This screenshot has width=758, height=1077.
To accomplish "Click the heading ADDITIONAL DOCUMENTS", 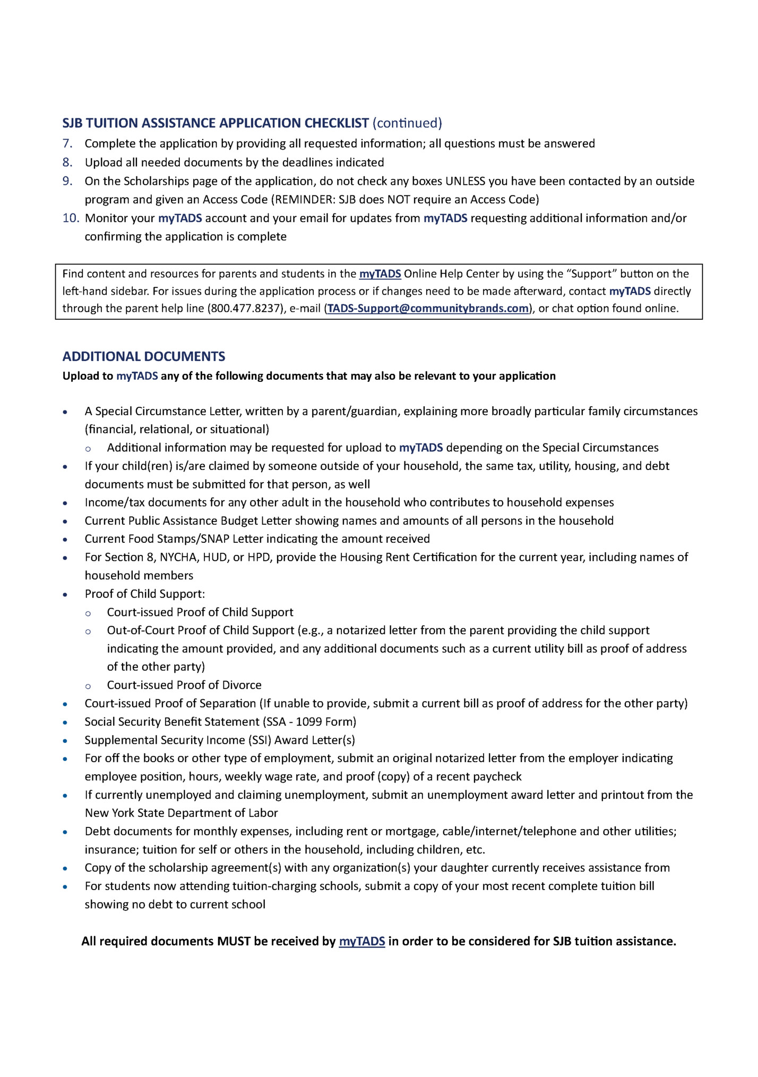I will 143,356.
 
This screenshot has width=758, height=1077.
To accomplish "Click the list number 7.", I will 67,143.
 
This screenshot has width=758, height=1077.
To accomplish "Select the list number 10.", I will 71,218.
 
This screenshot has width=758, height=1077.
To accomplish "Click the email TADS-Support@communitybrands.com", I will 428,309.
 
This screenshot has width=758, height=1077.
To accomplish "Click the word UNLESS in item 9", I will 465,181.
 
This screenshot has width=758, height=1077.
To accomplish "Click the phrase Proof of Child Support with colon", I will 144,594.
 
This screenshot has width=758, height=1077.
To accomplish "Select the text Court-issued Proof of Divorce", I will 184,685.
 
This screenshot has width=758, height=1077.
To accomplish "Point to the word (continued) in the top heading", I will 407,123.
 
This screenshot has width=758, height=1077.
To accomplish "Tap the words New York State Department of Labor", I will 181,813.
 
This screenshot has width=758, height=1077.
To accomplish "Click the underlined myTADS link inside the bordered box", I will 380,274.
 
